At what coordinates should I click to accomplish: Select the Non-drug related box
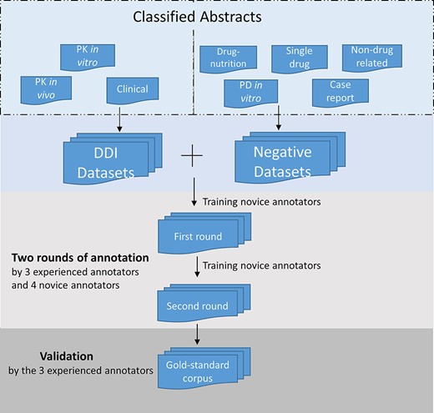[x=370, y=58]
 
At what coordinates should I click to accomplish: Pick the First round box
[x=197, y=237]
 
